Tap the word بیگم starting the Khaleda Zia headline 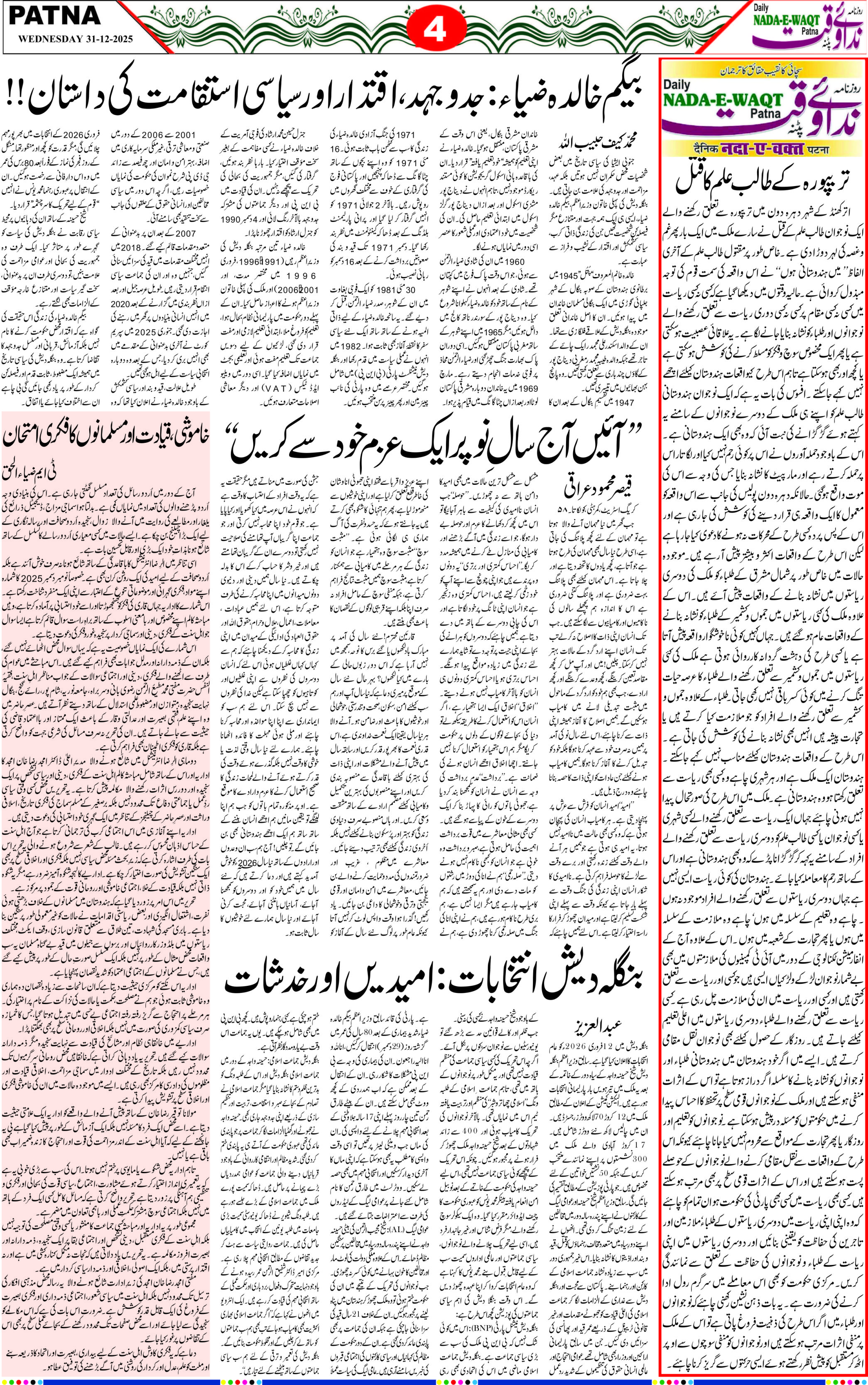623,91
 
